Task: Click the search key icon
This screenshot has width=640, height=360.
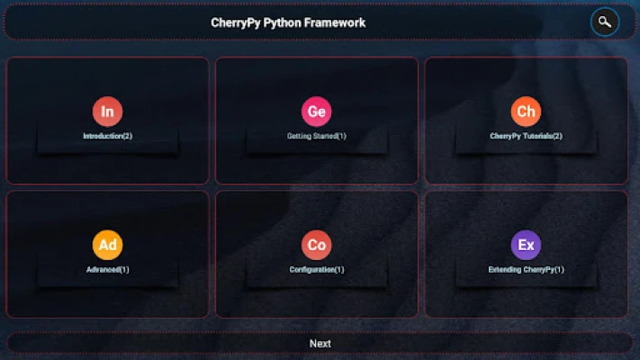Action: pyautogui.click(x=605, y=22)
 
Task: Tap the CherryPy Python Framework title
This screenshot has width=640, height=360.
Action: pyautogui.click(x=288, y=22)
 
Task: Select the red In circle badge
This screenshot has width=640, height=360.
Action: pyautogui.click(x=107, y=112)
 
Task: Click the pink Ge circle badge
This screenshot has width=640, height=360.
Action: pyautogui.click(x=316, y=112)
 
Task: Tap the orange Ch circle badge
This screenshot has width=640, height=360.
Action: pyautogui.click(x=526, y=112)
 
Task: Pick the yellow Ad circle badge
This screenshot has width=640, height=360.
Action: pyautogui.click(x=107, y=245)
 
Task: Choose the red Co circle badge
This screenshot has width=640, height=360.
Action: pyautogui.click(x=316, y=245)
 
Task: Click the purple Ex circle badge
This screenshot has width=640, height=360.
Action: pyautogui.click(x=526, y=245)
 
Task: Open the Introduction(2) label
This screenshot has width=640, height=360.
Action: pyautogui.click(x=107, y=136)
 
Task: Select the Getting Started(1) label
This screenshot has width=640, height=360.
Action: pyautogui.click(x=316, y=136)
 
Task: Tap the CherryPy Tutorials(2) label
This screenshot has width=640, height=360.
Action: pyautogui.click(x=526, y=136)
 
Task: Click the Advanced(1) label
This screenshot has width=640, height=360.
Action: pyautogui.click(x=107, y=269)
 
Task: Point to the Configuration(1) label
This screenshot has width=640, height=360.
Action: pyautogui.click(x=316, y=269)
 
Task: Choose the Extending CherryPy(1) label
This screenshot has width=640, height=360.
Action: pyautogui.click(x=526, y=269)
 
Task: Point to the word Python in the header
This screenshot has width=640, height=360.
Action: pyautogui.click(x=281, y=22)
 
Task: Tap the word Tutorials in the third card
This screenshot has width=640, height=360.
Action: pyautogui.click(x=535, y=136)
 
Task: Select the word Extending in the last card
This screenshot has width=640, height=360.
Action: pyautogui.click(x=505, y=269)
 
